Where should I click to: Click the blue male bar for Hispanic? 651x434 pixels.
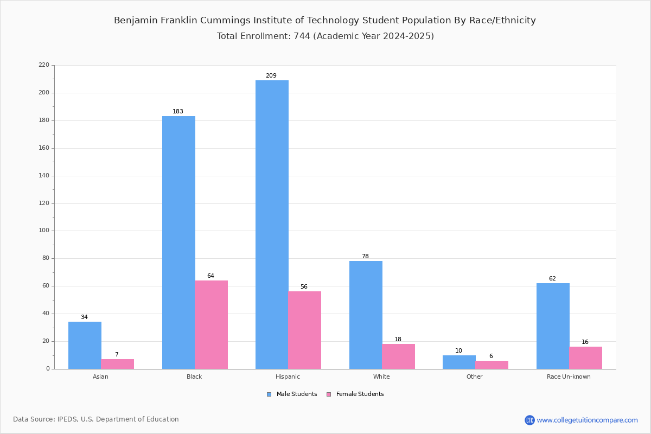272,225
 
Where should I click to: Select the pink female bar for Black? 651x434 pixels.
211,325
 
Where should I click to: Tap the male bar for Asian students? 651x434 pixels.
85,346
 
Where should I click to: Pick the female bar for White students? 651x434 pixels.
398,356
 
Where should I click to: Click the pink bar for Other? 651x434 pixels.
492,365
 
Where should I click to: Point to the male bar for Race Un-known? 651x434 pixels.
553,326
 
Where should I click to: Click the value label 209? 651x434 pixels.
271,75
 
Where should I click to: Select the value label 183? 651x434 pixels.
178,111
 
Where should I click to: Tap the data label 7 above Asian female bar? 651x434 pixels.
117,354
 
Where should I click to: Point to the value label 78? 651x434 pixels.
365,256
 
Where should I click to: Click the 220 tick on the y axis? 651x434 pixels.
44,65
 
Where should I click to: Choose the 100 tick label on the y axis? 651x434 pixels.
44,231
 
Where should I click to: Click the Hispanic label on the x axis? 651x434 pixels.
288,376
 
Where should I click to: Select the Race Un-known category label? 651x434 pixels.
569,376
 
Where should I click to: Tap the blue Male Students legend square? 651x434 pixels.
269,394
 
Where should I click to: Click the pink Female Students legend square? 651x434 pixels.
329,394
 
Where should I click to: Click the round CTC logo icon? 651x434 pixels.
529,420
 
